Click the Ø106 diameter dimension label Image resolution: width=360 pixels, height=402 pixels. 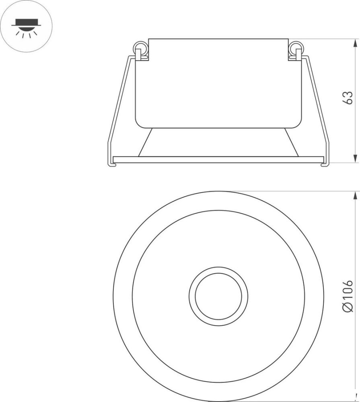348,296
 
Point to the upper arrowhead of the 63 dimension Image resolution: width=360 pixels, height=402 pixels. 355,43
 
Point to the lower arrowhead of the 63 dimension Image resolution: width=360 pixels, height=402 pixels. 355,158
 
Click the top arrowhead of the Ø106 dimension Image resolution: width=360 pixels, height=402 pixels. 355,195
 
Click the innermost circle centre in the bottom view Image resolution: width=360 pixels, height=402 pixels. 218,296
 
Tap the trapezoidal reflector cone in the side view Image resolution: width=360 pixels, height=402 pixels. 218,142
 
